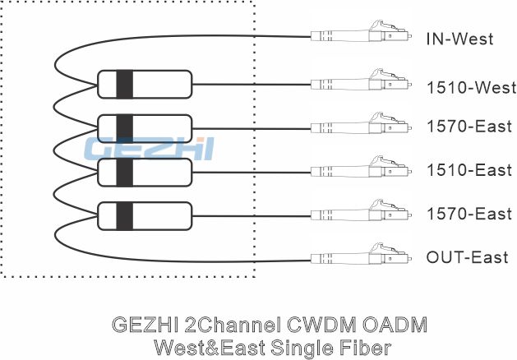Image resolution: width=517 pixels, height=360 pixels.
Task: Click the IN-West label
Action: coord(459,39)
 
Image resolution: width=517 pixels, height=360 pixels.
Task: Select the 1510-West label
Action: coord(472,88)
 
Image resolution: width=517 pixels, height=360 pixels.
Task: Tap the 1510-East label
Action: coord(469,170)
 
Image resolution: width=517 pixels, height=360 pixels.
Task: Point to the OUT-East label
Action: coord(467,257)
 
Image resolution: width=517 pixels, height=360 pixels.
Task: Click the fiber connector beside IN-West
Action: coord(361,32)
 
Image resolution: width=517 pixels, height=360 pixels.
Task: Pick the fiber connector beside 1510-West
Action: coord(361,81)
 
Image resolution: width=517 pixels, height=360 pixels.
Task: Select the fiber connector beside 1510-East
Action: coord(361,168)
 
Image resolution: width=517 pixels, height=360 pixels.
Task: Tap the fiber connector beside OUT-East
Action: coord(361,255)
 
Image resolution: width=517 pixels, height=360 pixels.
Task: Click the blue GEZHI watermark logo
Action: coord(149,149)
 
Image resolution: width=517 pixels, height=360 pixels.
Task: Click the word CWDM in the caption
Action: coord(321,325)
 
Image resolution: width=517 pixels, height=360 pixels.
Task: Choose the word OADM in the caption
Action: coord(395,325)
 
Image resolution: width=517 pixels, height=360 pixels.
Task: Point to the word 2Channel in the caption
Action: coord(233,325)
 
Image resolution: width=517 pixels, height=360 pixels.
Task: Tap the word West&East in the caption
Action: coord(210,348)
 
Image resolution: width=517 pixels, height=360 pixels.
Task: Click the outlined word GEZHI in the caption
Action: coord(145,325)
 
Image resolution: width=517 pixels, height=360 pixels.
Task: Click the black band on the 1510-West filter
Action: coord(125,85)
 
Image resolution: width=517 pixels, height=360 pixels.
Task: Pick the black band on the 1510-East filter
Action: coord(125,173)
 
